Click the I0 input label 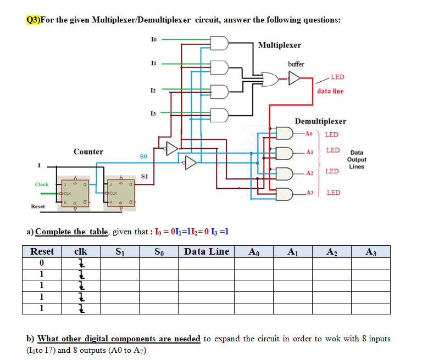point(153,39)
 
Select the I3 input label point(153,113)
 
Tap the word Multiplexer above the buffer point(279,44)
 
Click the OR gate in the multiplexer point(270,79)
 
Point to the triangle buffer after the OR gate point(295,79)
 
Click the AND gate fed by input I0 point(220,43)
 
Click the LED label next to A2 point(332,172)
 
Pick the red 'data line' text point(330,91)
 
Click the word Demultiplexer point(320,121)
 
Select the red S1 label point(145,177)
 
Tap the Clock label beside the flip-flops point(42,184)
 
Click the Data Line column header point(207,251)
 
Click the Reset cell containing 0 point(42,263)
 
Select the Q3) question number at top point(33,20)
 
